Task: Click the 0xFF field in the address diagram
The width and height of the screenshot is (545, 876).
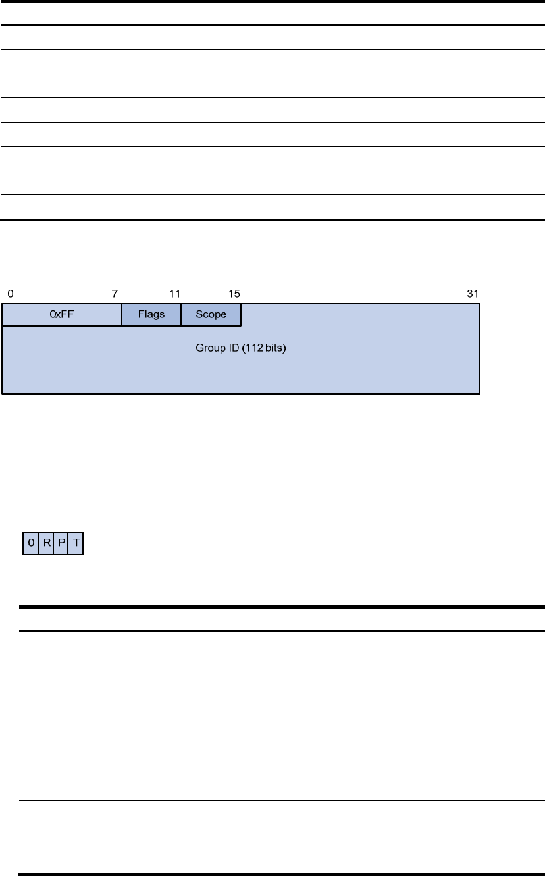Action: [x=62, y=314]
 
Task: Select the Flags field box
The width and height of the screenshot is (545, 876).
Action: [x=151, y=314]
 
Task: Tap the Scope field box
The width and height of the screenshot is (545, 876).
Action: [x=211, y=314]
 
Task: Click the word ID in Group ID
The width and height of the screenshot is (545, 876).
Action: [x=234, y=348]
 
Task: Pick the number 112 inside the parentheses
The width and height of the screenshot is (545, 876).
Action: [x=254, y=348]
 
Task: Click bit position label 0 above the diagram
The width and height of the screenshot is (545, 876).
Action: [x=11, y=294]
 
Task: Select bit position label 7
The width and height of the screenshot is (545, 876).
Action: [x=115, y=294]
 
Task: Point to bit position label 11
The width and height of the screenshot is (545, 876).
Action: [x=174, y=294]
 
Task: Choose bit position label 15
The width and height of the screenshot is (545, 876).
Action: [x=234, y=294]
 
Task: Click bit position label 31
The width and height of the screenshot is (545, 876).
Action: [x=473, y=294]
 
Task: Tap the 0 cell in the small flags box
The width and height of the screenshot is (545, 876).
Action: [x=30, y=543]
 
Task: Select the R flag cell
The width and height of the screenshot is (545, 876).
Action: [x=45, y=543]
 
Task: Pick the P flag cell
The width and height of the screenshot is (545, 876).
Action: [x=61, y=543]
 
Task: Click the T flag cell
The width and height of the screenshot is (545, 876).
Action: [x=76, y=543]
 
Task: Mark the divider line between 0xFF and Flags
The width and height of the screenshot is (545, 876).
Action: [x=122, y=315]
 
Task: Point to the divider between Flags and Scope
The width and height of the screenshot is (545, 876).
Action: [x=181, y=315]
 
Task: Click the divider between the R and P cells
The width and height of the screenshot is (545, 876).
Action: [x=53, y=543]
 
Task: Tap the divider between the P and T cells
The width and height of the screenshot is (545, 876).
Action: [x=68, y=543]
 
